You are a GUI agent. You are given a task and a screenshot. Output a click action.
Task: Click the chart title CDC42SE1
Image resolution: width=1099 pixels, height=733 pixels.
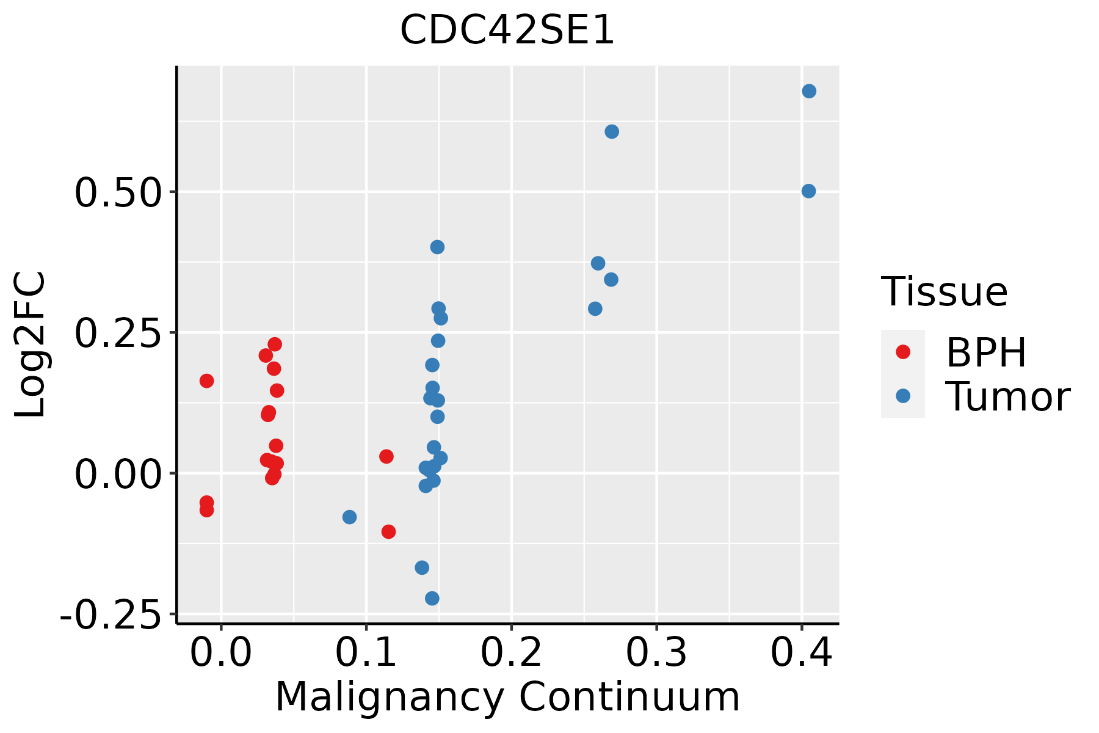(x=507, y=31)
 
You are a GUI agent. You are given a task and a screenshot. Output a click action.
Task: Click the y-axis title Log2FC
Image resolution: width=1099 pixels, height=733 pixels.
(x=31, y=345)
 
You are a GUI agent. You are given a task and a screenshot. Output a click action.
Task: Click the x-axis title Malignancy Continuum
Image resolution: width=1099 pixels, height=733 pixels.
(x=507, y=697)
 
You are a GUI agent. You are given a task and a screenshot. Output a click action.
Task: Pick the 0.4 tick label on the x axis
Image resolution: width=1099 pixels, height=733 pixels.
(x=801, y=653)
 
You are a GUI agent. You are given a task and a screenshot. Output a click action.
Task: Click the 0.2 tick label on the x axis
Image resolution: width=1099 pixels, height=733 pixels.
(x=511, y=653)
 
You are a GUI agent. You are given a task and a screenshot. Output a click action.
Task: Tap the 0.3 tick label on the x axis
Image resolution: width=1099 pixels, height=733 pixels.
(x=656, y=653)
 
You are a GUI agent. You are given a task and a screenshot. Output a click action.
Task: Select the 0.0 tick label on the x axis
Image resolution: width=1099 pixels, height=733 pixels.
(x=221, y=653)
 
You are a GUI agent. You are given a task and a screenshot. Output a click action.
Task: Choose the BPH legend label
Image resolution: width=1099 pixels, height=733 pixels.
(x=986, y=352)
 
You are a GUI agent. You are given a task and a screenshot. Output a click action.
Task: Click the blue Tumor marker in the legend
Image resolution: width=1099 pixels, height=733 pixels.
(x=902, y=396)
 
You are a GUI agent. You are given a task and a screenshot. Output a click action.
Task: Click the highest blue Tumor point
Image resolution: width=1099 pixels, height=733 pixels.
(x=809, y=92)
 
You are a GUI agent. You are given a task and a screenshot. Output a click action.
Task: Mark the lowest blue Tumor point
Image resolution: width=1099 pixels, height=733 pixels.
(x=432, y=598)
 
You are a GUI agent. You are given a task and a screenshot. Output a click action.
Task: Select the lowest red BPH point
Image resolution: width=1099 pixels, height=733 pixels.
(x=388, y=531)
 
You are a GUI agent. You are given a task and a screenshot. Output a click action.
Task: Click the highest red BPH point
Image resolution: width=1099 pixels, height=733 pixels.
(x=275, y=345)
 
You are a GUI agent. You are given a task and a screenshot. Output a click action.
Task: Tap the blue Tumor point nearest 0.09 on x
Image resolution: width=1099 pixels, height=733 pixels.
(x=349, y=517)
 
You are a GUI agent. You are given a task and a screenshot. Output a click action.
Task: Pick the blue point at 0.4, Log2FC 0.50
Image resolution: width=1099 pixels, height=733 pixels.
(x=808, y=191)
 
